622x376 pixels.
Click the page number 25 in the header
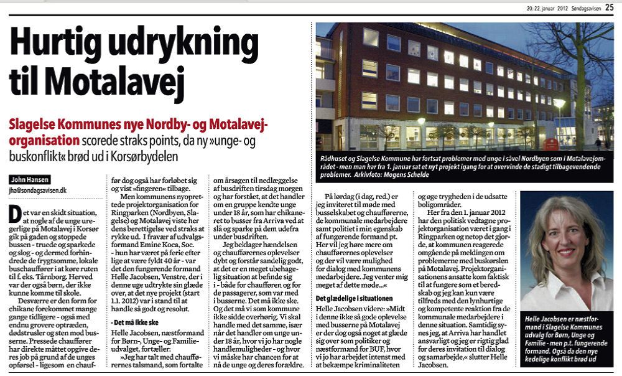pyautogui.click(x=609, y=7)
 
